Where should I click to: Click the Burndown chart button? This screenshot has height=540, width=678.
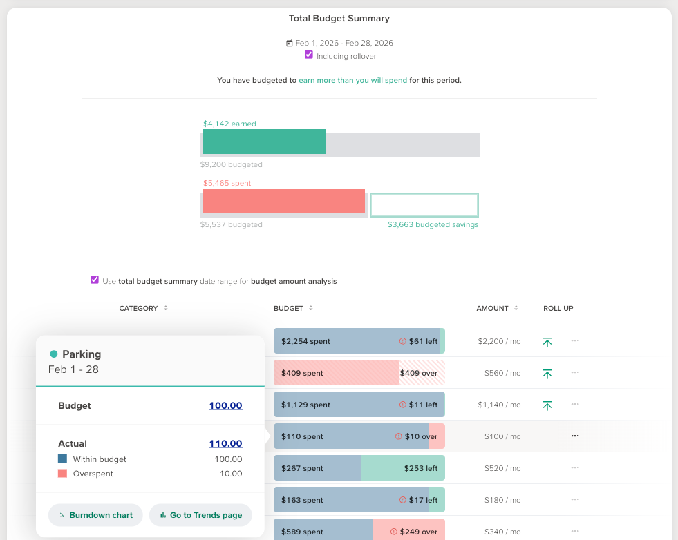tap(95, 515)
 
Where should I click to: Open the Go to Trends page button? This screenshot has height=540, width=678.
tap(200, 515)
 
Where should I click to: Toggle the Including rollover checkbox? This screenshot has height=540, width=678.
tap(309, 55)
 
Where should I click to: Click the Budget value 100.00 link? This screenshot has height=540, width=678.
tap(225, 406)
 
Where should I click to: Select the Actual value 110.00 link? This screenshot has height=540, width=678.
tap(225, 444)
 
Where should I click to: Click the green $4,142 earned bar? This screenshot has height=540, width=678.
tap(264, 142)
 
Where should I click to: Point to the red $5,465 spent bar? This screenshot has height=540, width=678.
tap(283, 201)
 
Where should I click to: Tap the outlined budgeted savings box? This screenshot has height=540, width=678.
tap(424, 205)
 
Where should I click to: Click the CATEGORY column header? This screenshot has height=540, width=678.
tap(139, 308)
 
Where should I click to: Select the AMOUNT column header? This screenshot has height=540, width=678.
tap(492, 308)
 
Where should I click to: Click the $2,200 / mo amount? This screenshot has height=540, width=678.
tap(499, 341)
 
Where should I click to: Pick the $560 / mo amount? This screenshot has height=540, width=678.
tap(502, 373)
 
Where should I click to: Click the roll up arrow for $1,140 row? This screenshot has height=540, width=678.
tap(547, 405)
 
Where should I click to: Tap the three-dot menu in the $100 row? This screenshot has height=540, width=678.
tap(575, 436)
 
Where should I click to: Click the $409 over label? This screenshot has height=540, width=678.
tap(418, 373)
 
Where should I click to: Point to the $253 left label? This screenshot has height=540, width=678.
tap(420, 468)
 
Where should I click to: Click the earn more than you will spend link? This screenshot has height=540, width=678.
tap(352, 80)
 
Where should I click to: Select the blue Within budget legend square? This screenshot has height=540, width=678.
tap(63, 459)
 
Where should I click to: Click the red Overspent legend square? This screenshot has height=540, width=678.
tap(63, 474)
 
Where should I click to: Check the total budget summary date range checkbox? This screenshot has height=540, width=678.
tap(95, 280)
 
